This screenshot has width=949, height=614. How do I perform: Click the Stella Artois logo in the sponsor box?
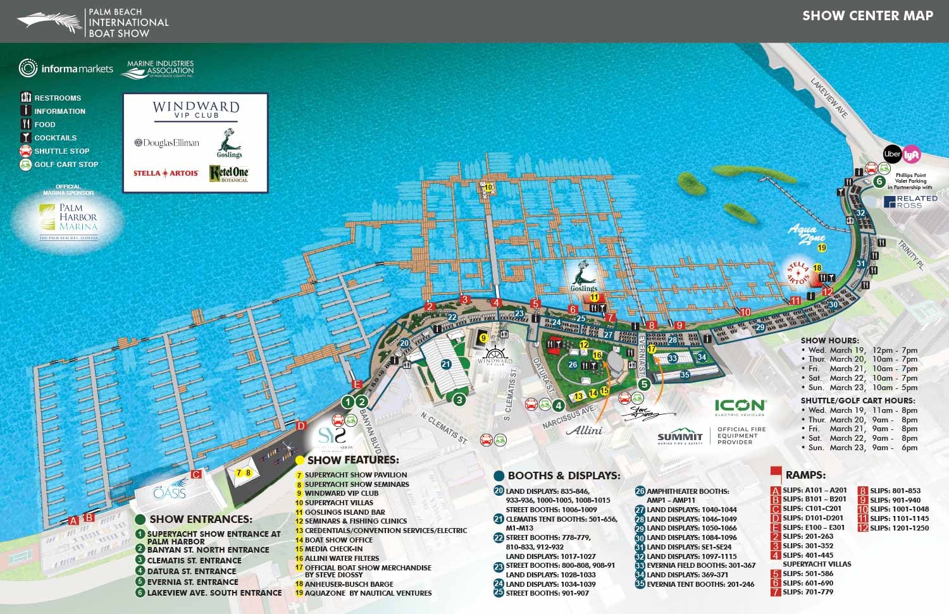click(x=166, y=173)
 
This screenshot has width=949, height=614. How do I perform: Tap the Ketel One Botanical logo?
click(x=229, y=173)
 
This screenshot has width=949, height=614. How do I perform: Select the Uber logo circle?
click(x=892, y=154)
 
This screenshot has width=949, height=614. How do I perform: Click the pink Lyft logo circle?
click(x=912, y=154)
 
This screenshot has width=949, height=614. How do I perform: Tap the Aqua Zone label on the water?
click(x=807, y=235)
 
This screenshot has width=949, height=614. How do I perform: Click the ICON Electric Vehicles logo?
click(x=740, y=407)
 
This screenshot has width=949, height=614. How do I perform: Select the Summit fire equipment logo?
click(x=680, y=438)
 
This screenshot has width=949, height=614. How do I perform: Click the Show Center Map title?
click(x=867, y=16)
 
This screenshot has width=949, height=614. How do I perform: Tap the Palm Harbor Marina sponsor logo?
click(x=77, y=218)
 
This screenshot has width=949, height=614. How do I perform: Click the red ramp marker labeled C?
click(x=196, y=474)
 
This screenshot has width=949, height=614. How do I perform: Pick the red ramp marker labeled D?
click(x=301, y=426)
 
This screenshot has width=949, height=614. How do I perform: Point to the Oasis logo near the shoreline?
click(x=169, y=491)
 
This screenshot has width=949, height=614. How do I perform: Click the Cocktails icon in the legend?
click(x=26, y=137)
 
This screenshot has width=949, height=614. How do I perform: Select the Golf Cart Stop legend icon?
click(x=26, y=164)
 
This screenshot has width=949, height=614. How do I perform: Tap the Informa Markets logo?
click(x=66, y=68)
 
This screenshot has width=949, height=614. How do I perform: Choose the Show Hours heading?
click(x=830, y=340)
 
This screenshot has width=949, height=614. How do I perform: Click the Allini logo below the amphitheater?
click(x=584, y=431)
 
